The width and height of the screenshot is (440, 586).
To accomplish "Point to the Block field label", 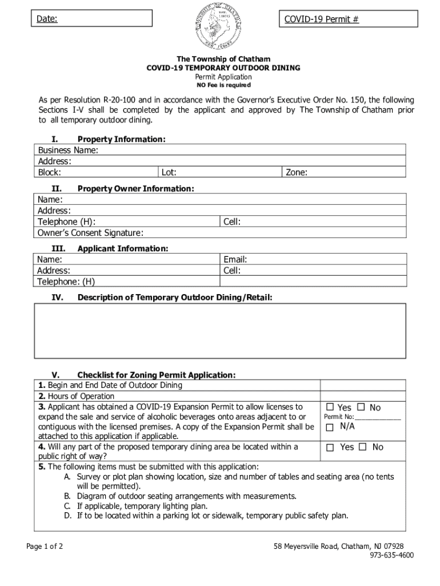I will [x=50, y=172].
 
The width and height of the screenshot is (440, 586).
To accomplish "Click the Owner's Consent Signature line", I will [x=229, y=233].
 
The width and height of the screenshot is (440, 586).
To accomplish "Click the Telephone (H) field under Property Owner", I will [x=154, y=222].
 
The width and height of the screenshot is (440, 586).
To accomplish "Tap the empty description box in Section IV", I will [x=221, y=333].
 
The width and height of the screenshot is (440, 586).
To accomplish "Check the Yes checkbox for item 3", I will [x=330, y=407].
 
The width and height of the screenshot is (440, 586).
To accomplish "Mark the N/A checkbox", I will [x=330, y=426].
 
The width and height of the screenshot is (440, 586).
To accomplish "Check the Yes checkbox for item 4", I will [x=330, y=448].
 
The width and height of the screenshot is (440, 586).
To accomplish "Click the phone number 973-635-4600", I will [x=391, y=555].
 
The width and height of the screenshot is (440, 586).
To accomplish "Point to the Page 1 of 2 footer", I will [x=45, y=546].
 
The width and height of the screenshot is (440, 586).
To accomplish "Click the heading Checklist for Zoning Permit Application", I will [x=156, y=375].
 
